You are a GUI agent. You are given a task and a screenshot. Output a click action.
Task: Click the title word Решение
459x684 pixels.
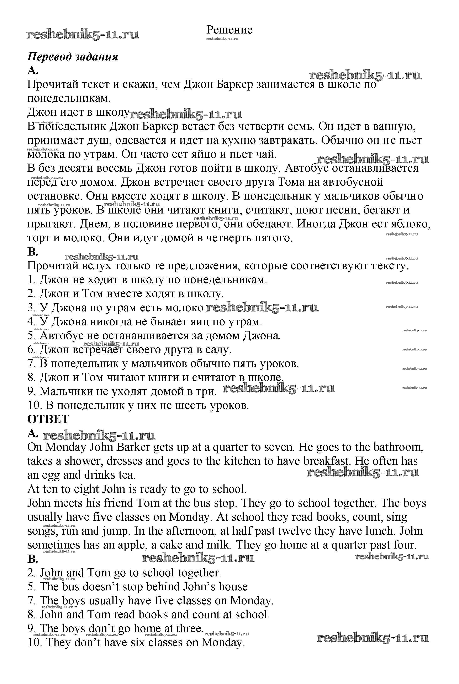coord(229,30)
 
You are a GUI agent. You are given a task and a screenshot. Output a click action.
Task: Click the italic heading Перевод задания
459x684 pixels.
coord(73,57)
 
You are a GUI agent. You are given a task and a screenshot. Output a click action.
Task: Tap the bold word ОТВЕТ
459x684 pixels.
coord(48,419)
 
